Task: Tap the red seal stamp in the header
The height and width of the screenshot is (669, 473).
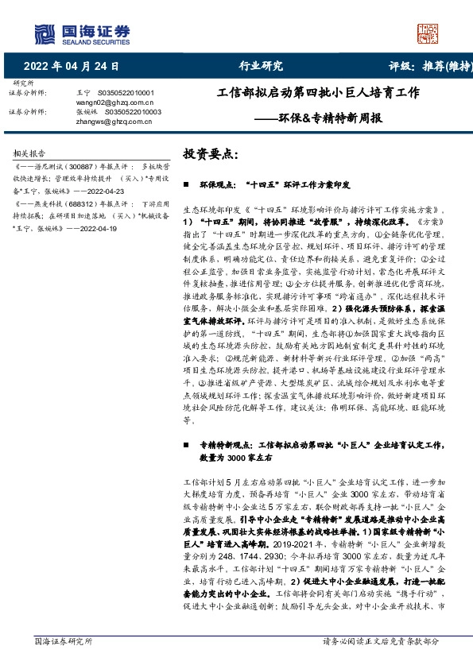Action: click(x=428, y=32)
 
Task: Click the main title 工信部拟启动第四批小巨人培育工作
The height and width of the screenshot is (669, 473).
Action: click(x=318, y=93)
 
